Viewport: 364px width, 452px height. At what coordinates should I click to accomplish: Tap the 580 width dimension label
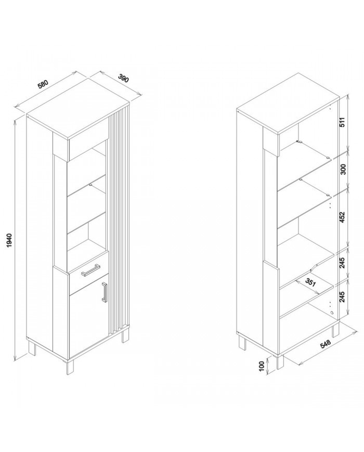[43, 84]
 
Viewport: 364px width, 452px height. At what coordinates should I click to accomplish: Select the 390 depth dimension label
[123, 78]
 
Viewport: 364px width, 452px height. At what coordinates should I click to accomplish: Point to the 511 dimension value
[343, 122]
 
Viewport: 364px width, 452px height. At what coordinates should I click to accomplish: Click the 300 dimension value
[343, 169]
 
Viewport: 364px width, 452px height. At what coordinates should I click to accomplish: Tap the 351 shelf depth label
[310, 282]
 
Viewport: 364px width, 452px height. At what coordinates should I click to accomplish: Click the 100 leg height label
[262, 366]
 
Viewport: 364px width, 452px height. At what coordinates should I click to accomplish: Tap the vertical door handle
[105, 292]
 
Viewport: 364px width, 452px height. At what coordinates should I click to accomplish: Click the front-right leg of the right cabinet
[280, 362]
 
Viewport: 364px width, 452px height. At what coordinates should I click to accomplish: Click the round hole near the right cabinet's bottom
[331, 313]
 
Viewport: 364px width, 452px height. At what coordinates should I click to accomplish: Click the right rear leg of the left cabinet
[125, 335]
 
